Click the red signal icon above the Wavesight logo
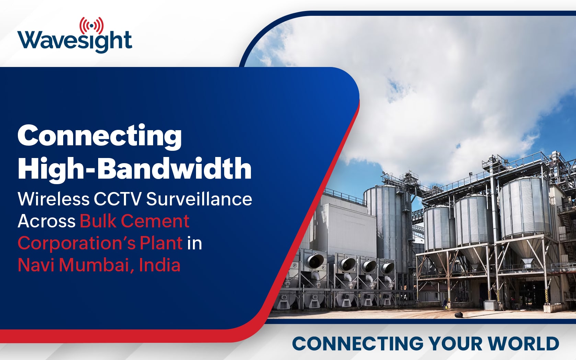(92, 25)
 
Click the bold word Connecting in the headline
(100, 137)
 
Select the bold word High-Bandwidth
(135, 169)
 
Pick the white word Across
(47, 221)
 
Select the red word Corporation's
(76, 244)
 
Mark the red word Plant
(161, 243)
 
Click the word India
(160, 265)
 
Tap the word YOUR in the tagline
(457, 344)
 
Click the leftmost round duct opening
(314, 261)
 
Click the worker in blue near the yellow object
(445, 304)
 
